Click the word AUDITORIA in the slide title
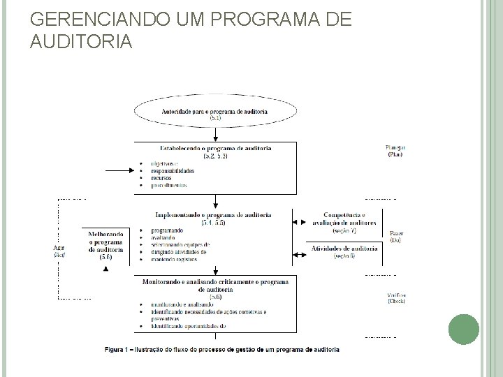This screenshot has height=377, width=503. click(81, 43)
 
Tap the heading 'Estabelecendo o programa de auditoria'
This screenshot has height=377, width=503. click(215, 149)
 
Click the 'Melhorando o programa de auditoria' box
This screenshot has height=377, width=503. click(105, 244)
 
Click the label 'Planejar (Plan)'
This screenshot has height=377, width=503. click(395, 150)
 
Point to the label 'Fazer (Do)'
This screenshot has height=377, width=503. click(395, 236)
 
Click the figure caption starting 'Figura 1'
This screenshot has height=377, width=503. click(222, 348)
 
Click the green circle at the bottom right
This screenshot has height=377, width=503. click(463, 330)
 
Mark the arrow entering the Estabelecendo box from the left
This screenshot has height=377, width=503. click(119, 170)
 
